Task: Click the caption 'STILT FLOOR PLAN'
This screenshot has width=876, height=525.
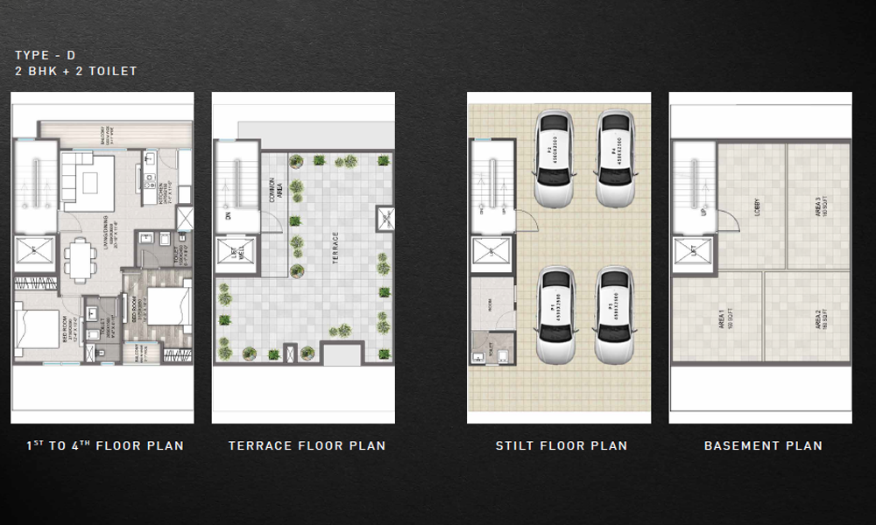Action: pyautogui.click(x=562, y=445)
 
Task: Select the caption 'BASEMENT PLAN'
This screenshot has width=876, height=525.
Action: pyautogui.click(x=763, y=445)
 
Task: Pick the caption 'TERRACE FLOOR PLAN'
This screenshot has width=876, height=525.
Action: pyautogui.click(x=307, y=445)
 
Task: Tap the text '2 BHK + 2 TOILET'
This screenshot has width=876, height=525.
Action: pyautogui.click(x=75, y=71)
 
